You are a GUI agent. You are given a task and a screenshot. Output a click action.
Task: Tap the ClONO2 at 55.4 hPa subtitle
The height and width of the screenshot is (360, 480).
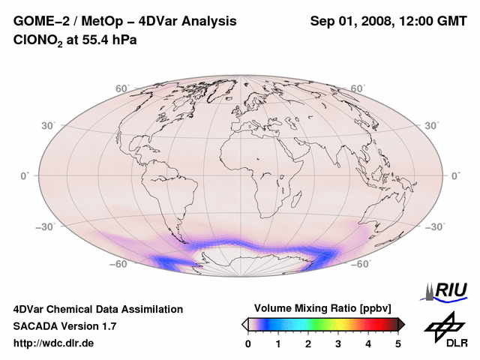coord(76,39)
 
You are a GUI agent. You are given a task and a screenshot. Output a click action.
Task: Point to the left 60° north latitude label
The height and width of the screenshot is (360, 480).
coord(122,89)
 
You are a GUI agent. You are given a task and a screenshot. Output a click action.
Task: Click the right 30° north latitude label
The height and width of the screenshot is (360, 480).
coord(432,125)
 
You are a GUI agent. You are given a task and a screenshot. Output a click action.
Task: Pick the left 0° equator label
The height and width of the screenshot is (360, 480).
coord(24,175)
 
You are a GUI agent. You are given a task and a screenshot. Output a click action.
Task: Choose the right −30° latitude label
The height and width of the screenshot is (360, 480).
coord(433,226)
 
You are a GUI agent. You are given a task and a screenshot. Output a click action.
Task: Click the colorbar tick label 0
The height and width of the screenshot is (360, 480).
coord(248,343)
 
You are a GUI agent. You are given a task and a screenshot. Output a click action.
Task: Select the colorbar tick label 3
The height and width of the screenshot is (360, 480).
coord(338,343)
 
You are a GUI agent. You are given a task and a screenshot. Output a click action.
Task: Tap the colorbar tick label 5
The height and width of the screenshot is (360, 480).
coord(398,343)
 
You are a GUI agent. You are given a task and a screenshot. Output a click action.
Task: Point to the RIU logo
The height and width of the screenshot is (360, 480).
coord(447,290)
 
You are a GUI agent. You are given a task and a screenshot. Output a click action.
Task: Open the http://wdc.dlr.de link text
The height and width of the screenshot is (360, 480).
coord(53,343)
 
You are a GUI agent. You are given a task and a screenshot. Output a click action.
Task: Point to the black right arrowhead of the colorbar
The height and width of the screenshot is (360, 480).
coord(401,323)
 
